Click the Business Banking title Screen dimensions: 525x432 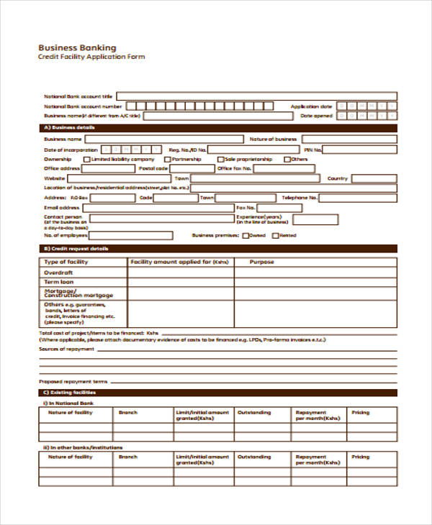click(x=77, y=47)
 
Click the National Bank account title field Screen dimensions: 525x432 click(x=256, y=96)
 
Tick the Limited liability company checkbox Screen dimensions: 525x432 click(x=87, y=160)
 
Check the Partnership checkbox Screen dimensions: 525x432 click(x=166, y=160)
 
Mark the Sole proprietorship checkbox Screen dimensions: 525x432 click(x=220, y=160)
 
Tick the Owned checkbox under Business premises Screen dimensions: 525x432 click(x=246, y=235)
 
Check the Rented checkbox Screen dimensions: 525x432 click(x=275, y=235)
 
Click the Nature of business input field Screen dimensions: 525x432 click(x=348, y=139)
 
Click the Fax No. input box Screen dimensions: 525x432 click(x=357, y=208)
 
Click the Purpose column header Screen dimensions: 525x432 click(x=261, y=262)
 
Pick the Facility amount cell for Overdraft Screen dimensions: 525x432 click(x=181, y=273)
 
